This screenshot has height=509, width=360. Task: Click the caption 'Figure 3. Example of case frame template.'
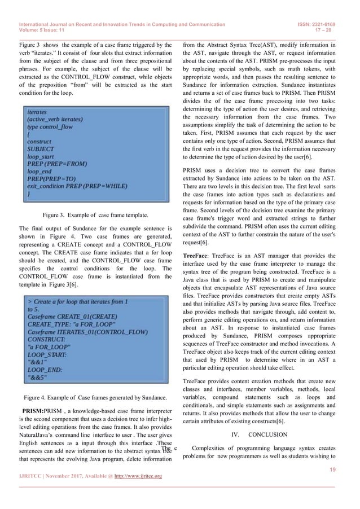(95, 215)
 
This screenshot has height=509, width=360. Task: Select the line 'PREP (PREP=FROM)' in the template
(57, 164)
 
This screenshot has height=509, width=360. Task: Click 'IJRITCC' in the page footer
(34, 477)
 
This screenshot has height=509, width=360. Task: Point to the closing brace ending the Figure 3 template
(29, 193)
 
